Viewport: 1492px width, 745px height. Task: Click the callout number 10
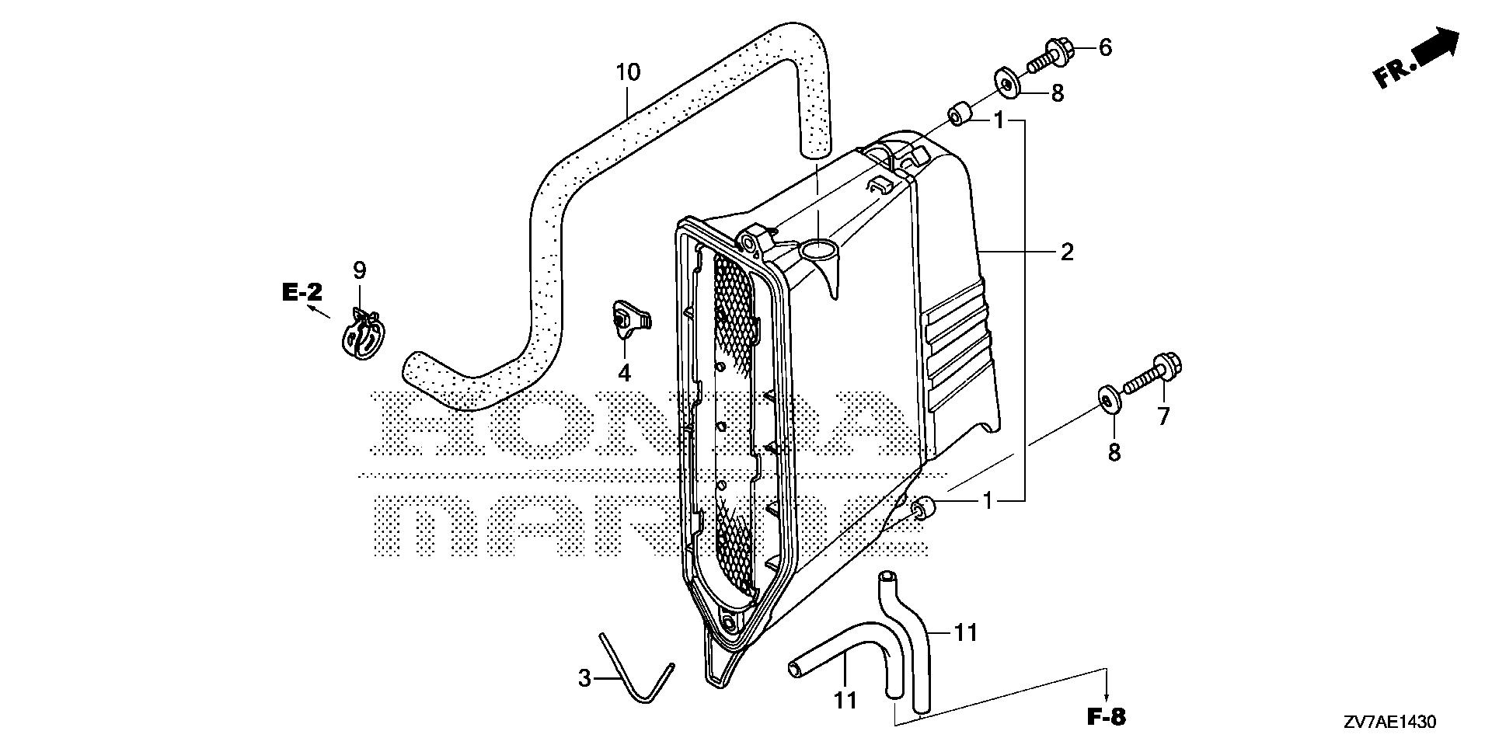tap(628, 73)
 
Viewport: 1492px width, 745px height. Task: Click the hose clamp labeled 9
tap(362, 336)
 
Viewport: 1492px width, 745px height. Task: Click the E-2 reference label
tap(302, 293)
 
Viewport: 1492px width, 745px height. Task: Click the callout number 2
tap(1067, 252)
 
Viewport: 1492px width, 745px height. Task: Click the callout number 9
tap(359, 270)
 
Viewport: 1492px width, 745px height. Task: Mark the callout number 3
tap(584, 677)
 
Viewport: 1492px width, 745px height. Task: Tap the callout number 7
tap(1163, 417)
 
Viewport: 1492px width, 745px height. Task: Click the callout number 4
tap(624, 374)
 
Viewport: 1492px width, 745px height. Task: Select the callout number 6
tap(1105, 47)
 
